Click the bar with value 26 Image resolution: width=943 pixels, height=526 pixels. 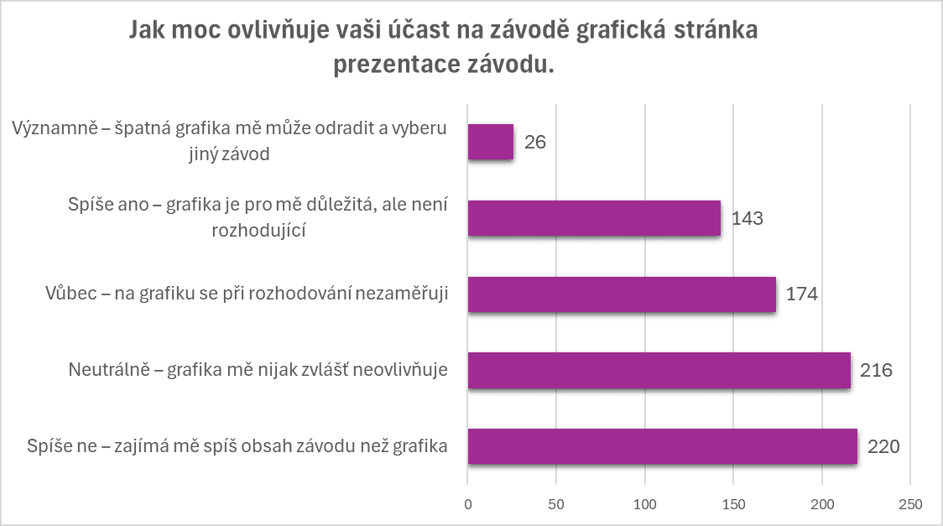coord(490,142)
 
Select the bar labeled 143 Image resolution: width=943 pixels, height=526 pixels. coord(594,218)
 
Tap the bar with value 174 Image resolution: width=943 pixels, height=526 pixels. coord(622,294)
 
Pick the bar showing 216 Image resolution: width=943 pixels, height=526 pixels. coord(659,370)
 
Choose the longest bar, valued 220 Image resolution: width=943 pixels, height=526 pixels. coord(662,446)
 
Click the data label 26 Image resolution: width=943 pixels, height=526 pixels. coord(534,142)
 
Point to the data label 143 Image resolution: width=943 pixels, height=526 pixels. coord(747,218)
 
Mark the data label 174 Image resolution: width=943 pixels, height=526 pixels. coord(801,294)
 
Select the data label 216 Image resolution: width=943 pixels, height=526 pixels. coord(876,370)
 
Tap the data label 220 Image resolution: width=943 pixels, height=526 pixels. coord(883,446)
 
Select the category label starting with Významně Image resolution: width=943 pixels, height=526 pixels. coord(231,141)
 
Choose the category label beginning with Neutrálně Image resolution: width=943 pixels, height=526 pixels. coord(257,370)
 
